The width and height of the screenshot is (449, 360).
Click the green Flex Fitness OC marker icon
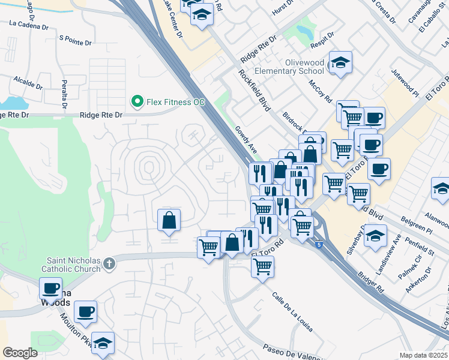(137, 102)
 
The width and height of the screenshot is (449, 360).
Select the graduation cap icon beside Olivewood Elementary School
(340, 62)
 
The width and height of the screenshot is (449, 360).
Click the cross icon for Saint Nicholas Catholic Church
(109, 263)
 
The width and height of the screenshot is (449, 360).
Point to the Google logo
(20, 352)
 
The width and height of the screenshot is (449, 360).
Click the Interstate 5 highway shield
(318, 243)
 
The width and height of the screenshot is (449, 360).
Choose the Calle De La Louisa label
(292, 312)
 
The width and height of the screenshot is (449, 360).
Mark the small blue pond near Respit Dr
(305, 29)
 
